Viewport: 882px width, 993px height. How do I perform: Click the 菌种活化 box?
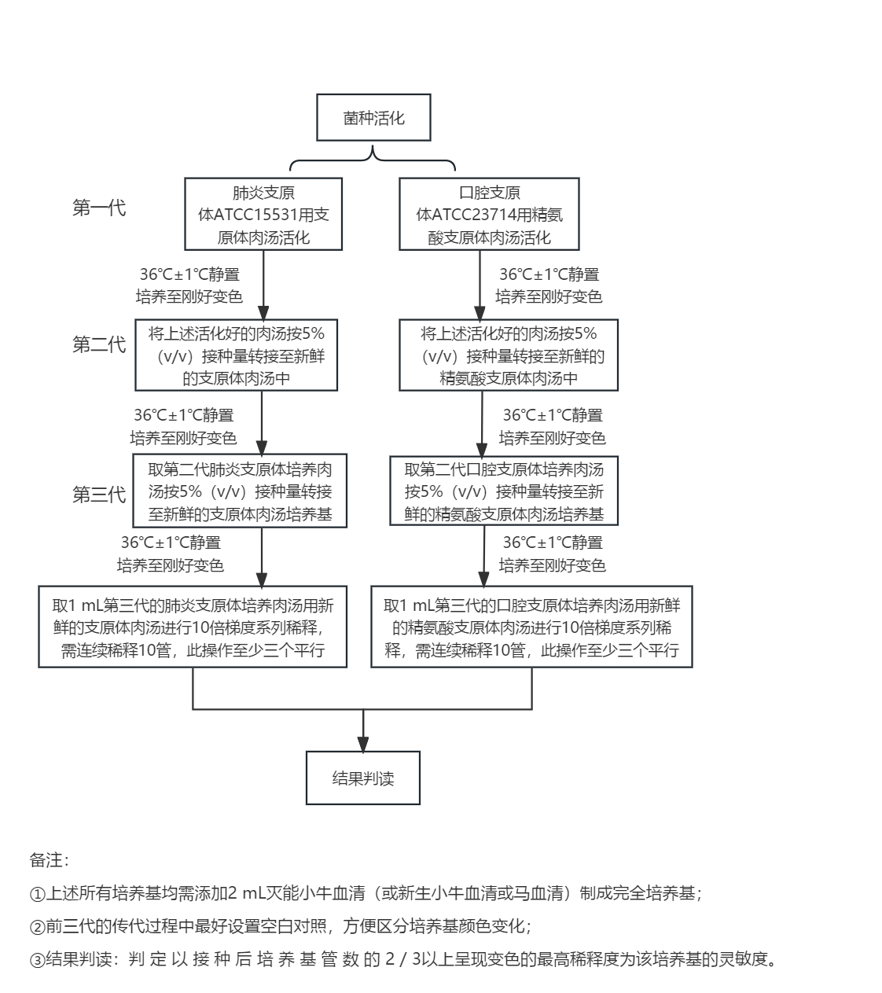[x=373, y=119]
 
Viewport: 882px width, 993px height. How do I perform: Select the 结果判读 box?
[x=362, y=778]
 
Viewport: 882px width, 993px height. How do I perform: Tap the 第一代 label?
[x=99, y=208]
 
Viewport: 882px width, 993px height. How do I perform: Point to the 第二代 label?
[x=99, y=344]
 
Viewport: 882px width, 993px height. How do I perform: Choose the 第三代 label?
[x=99, y=495]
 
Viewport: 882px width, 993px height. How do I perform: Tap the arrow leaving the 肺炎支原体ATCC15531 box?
[x=263, y=283]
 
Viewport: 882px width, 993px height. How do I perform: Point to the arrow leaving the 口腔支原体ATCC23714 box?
[x=480, y=283]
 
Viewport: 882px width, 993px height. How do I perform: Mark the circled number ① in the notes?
[x=35, y=894]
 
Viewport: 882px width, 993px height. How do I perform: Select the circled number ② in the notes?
[x=35, y=926]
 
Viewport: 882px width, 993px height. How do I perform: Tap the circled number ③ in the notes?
[x=35, y=960]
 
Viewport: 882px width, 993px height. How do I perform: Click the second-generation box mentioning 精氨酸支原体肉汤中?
[x=509, y=355]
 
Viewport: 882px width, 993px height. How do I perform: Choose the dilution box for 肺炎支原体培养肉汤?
[x=193, y=627]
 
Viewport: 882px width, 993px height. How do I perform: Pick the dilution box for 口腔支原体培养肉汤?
[x=531, y=627]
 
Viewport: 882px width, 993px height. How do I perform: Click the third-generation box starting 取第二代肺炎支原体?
[x=240, y=491]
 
